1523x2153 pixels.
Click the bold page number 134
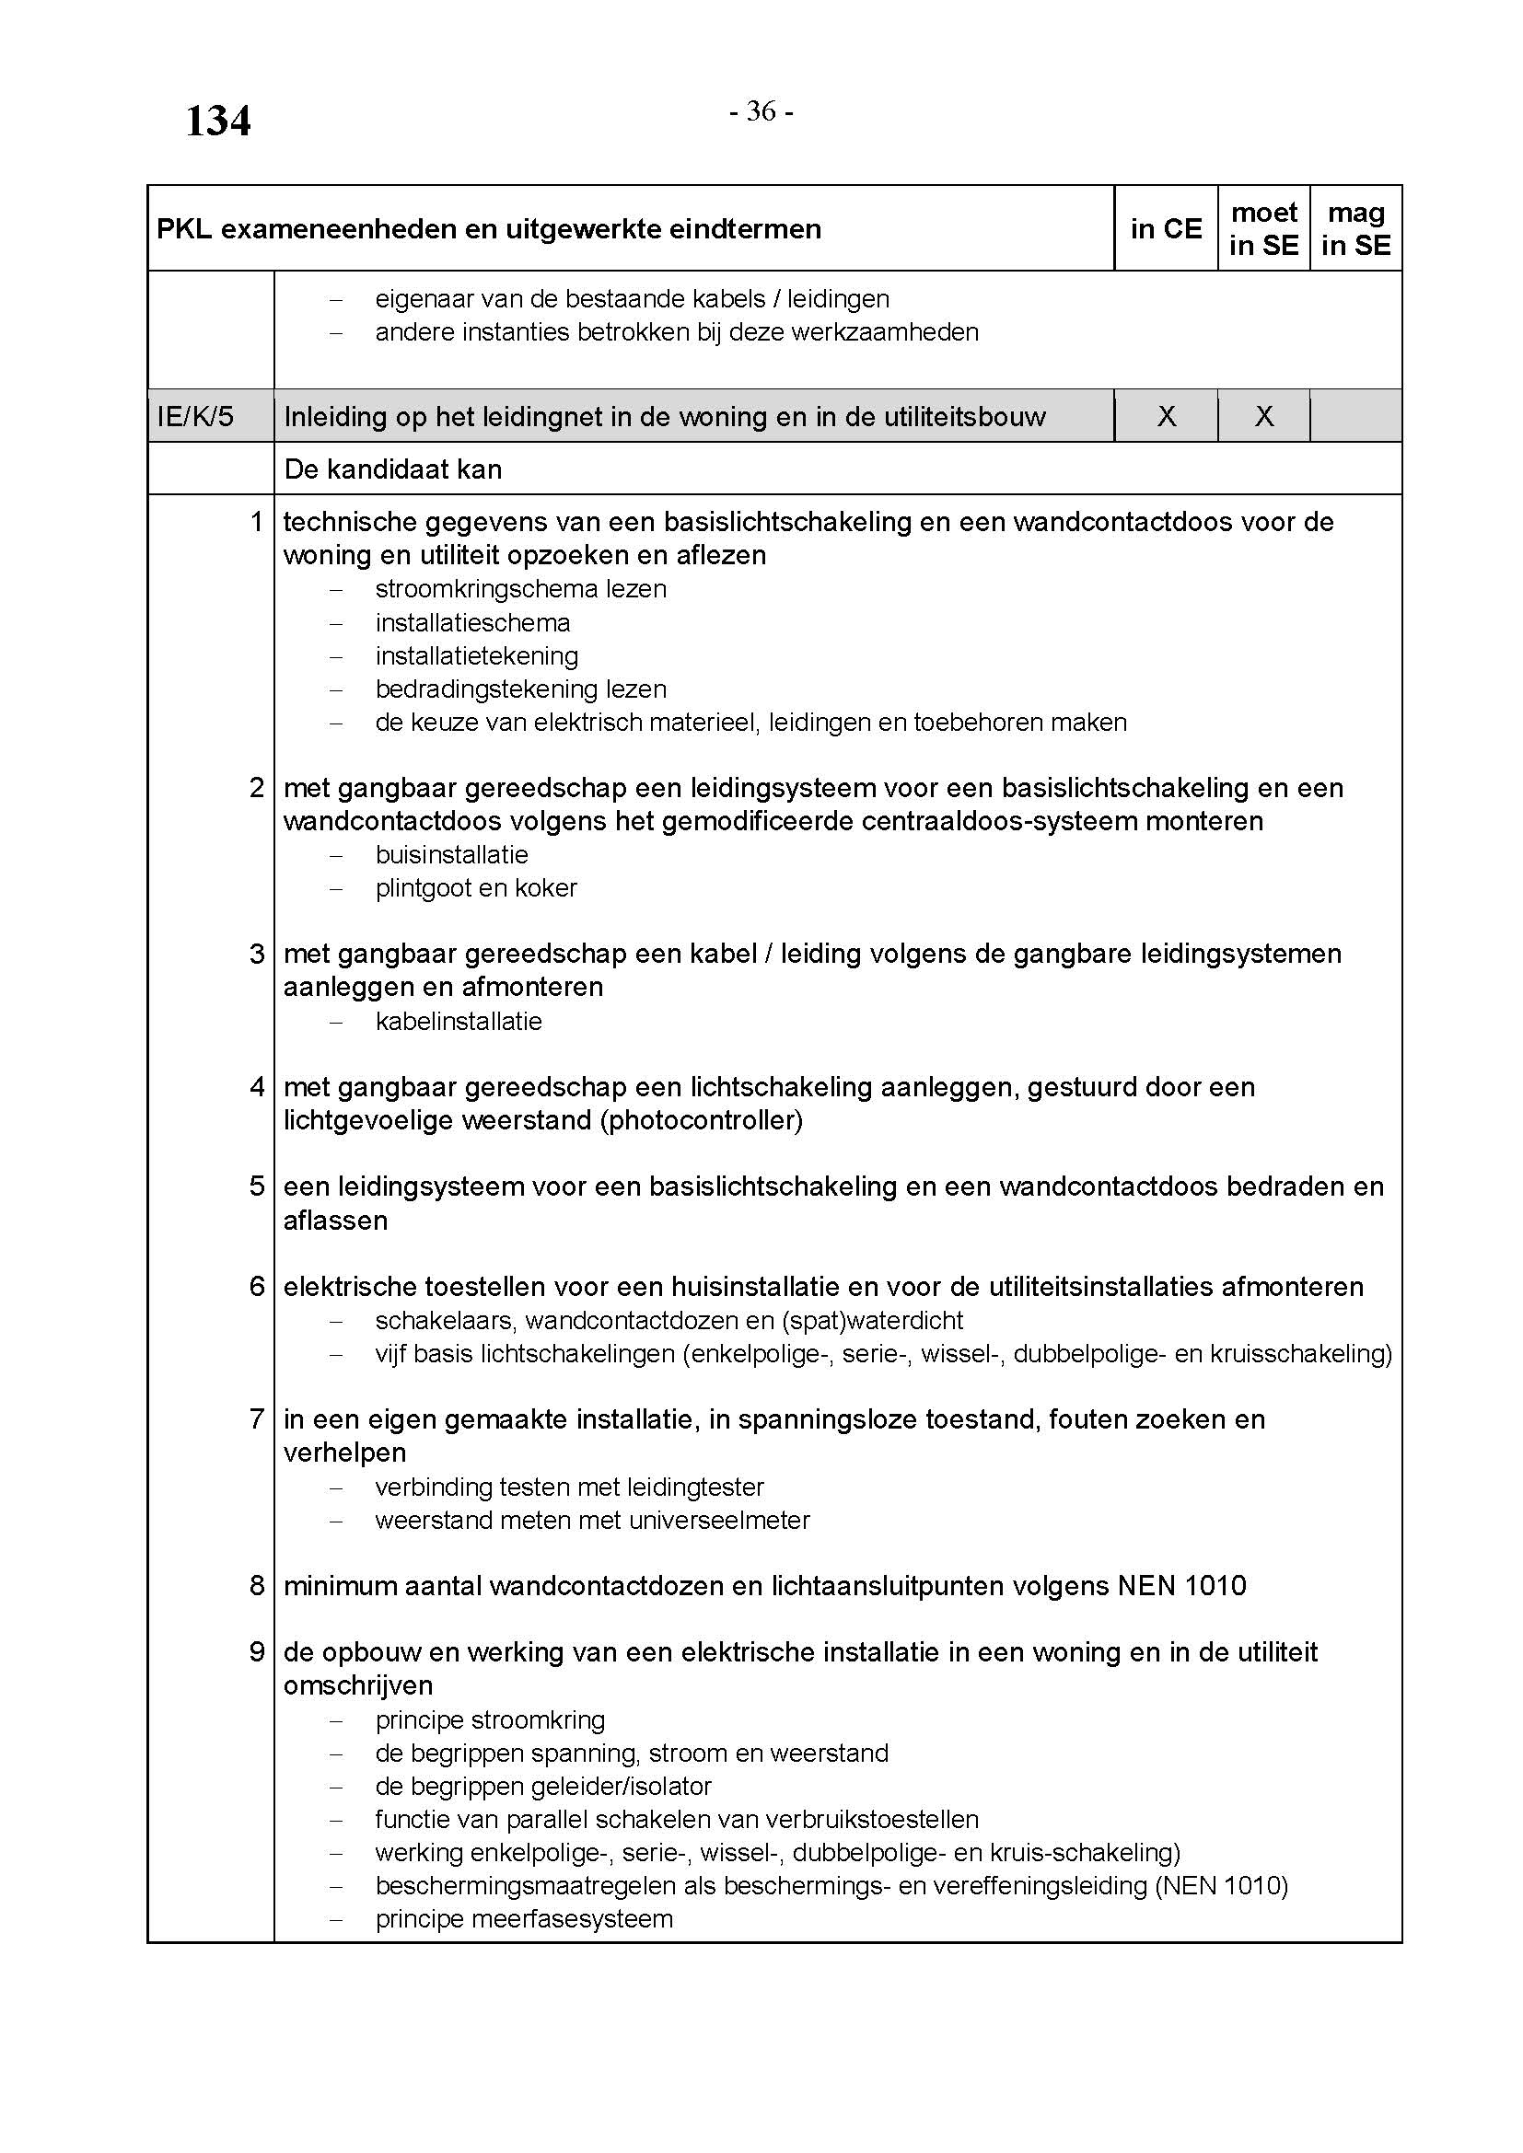pos(217,121)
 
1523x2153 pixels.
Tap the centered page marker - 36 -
pos(761,111)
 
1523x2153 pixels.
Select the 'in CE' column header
pos(1166,229)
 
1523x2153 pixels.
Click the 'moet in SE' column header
pos(1263,229)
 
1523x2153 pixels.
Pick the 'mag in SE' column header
pos(1355,229)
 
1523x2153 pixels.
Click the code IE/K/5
pos(195,416)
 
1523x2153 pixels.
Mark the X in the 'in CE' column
pos(1166,416)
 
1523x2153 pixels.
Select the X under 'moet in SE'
pos(1263,416)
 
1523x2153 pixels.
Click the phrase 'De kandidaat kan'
pos(393,469)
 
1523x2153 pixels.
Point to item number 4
pos(257,1087)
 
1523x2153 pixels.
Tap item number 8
pos(257,1586)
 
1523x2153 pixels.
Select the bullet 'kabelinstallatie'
pos(459,1021)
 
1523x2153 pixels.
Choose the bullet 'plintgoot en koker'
pos(476,888)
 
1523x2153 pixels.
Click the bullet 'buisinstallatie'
pos(452,855)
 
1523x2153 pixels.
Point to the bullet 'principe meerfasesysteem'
pos(524,1918)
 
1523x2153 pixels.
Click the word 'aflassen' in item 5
pos(335,1221)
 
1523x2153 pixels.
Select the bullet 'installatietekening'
pos(476,655)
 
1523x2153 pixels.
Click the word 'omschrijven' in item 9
pos(357,1686)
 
